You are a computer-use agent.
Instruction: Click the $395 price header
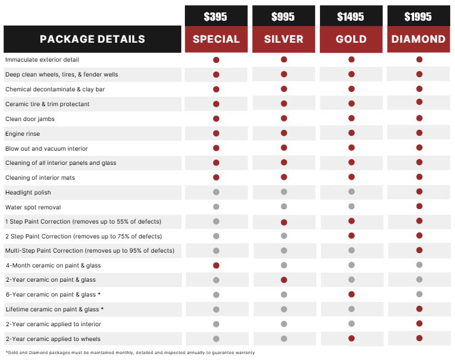pos(216,17)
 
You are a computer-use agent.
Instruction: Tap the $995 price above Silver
pos(283,17)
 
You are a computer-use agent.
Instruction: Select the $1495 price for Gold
pos(351,17)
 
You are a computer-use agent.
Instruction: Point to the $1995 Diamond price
pos(419,17)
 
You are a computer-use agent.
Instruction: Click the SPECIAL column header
pos(216,40)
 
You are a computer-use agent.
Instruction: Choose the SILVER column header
pos(283,40)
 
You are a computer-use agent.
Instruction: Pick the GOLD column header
pos(351,40)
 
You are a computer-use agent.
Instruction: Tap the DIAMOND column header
pos(419,40)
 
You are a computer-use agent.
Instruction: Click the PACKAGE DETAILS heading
pos(92,40)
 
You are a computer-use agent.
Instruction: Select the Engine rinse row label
pos(23,133)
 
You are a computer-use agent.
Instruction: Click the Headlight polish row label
pos(28,192)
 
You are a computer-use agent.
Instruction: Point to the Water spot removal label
pos(33,207)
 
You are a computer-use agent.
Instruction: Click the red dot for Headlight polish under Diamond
pos(419,192)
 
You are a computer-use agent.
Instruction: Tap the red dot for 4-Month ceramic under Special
pos(216,265)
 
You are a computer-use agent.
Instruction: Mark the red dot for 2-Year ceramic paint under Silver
pos(284,279)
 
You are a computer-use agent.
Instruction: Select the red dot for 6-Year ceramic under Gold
pos(351,294)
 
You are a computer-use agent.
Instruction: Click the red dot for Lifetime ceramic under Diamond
pos(419,308)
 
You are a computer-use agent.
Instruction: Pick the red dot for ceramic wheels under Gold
pos(351,338)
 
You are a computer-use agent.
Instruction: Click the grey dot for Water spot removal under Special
pos(216,207)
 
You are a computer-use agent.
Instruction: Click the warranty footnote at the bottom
pos(130,353)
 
